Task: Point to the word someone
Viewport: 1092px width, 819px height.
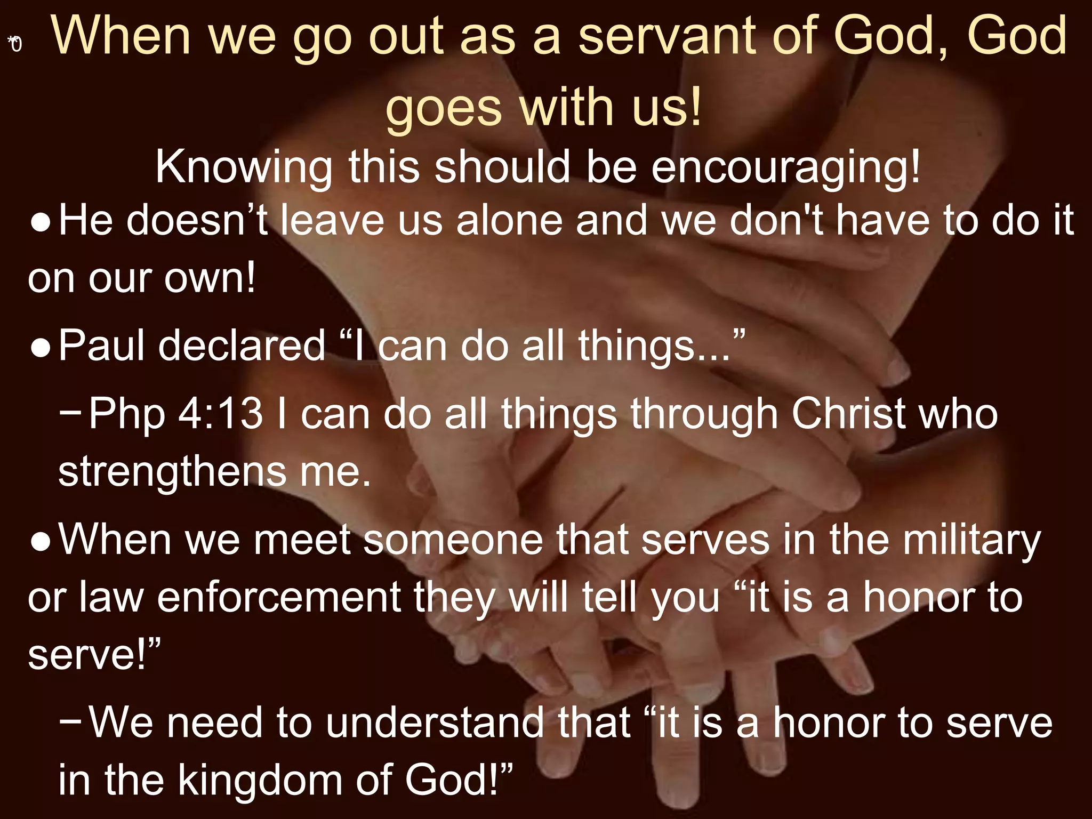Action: pyautogui.click(x=453, y=540)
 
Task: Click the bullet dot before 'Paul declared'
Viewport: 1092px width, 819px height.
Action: pyautogui.click(x=41, y=348)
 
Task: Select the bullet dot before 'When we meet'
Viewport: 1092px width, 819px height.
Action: pyautogui.click(x=41, y=542)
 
